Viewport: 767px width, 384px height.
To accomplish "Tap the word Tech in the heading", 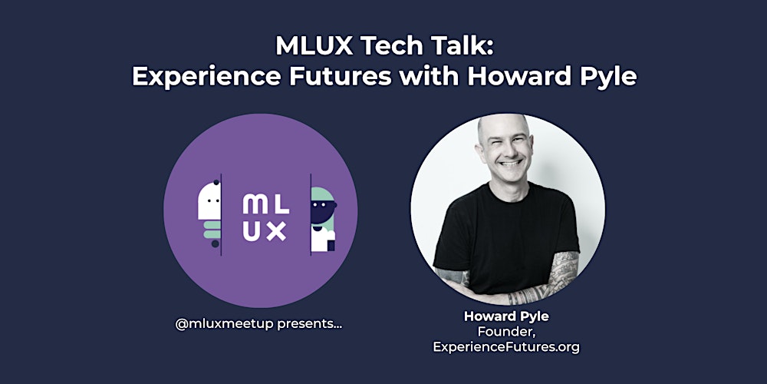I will pos(388,47).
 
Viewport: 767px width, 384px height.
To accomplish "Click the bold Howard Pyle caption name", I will pos(507,316).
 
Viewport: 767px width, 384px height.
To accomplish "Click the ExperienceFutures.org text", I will pos(507,347).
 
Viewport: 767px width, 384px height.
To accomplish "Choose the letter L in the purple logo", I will pos(279,205).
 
